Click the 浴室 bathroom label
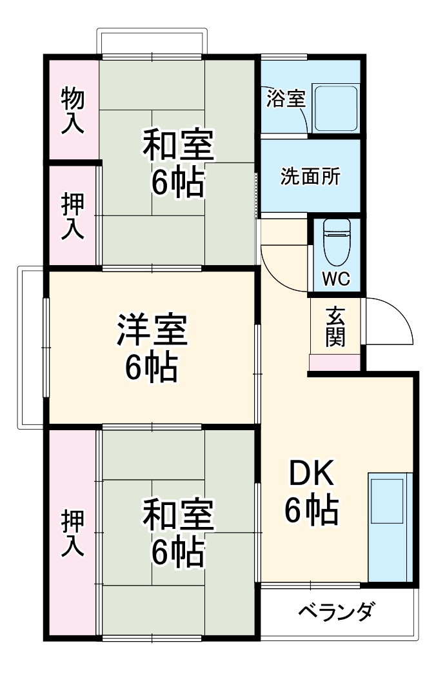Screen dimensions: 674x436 pyautogui.click(x=286, y=99)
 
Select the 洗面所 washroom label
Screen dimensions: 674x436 pyautogui.click(x=310, y=177)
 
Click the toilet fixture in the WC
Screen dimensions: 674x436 pyautogui.click(x=336, y=241)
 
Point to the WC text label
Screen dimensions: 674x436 pyautogui.click(x=335, y=279)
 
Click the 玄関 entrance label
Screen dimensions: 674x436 pyautogui.click(x=335, y=327)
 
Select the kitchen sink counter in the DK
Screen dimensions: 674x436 pyautogui.click(x=390, y=528)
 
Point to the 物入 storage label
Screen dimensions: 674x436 pyautogui.click(x=72, y=110)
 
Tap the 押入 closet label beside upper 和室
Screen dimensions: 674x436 pyautogui.click(x=72, y=217)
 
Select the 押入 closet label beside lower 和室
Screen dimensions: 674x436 pyautogui.click(x=72, y=533)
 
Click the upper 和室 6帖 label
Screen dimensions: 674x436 pyautogui.click(x=177, y=164)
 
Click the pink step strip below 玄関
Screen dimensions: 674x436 pyautogui.click(x=335, y=362)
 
